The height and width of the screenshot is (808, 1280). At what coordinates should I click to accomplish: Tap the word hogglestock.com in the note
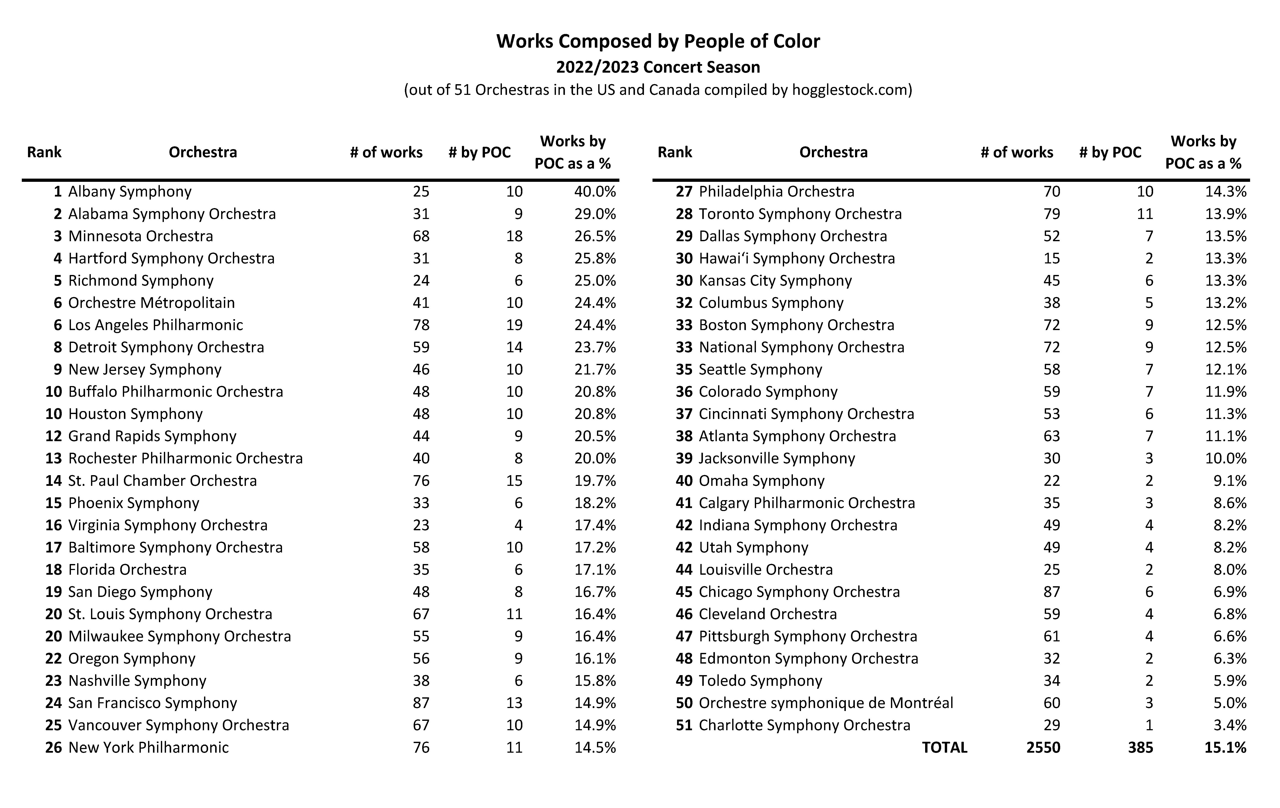[x=849, y=90]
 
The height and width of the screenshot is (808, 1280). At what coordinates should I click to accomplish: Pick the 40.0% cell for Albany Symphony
[x=594, y=191]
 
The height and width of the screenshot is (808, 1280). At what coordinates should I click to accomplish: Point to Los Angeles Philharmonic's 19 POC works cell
[x=514, y=325]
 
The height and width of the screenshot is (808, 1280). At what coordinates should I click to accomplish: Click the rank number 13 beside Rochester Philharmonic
[x=54, y=458]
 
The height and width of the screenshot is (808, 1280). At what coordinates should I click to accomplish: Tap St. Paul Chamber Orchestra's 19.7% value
[x=594, y=480]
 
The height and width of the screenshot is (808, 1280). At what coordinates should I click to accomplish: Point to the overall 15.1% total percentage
[x=1225, y=747]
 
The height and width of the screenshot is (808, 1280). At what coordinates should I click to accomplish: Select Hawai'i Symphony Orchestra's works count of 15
[x=1051, y=258]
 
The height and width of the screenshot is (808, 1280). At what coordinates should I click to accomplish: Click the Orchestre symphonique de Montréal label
[x=826, y=703]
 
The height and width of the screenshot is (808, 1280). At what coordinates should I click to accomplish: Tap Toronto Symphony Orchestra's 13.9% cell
[x=1225, y=214]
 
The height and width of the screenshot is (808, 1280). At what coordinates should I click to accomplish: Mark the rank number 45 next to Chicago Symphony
[x=684, y=592]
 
